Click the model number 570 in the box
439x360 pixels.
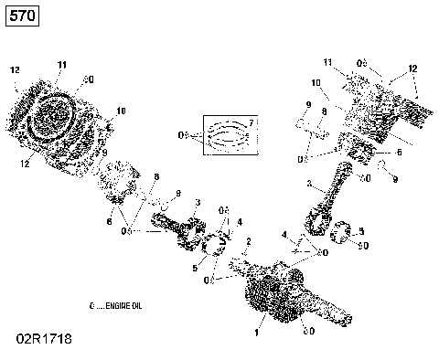coord(21,16)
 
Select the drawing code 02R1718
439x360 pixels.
coord(41,339)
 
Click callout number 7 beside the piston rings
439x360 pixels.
coord(252,122)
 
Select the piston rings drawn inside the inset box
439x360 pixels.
coord(225,136)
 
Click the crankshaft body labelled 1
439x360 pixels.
coord(274,292)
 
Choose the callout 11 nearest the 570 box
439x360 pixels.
coord(62,64)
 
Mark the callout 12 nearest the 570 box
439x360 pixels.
coord(15,70)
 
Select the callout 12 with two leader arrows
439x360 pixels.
coord(412,69)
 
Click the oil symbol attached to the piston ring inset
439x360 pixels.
coord(186,135)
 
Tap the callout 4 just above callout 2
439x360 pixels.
coord(240,222)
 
